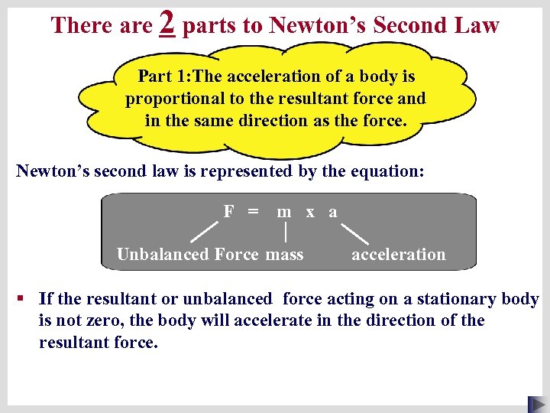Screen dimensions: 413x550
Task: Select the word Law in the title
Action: click(477, 25)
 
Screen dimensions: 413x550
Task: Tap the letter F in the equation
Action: click(228, 211)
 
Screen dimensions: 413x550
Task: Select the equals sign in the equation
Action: click(252, 211)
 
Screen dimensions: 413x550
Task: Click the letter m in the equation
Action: click(284, 212)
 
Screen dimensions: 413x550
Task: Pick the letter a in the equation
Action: click(332, 212)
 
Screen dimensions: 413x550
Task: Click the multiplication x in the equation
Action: click(310, 212)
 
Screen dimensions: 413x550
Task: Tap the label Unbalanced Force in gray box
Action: click(187, 255)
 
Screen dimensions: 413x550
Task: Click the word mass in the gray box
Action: click(285, 255)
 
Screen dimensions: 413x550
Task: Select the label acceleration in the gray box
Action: click(398, 255)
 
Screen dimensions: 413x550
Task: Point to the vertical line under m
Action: click(285, 232)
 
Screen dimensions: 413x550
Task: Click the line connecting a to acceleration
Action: click(354, 233)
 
